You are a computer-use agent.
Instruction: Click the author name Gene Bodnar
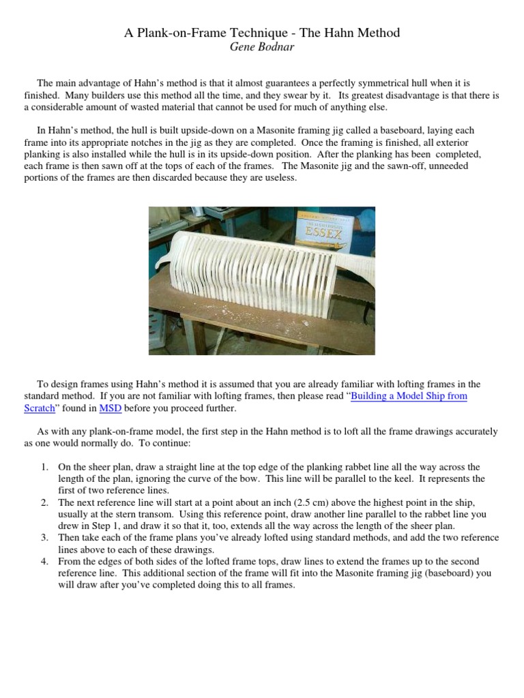(261, 46)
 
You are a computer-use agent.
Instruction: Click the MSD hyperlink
(110, 408)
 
